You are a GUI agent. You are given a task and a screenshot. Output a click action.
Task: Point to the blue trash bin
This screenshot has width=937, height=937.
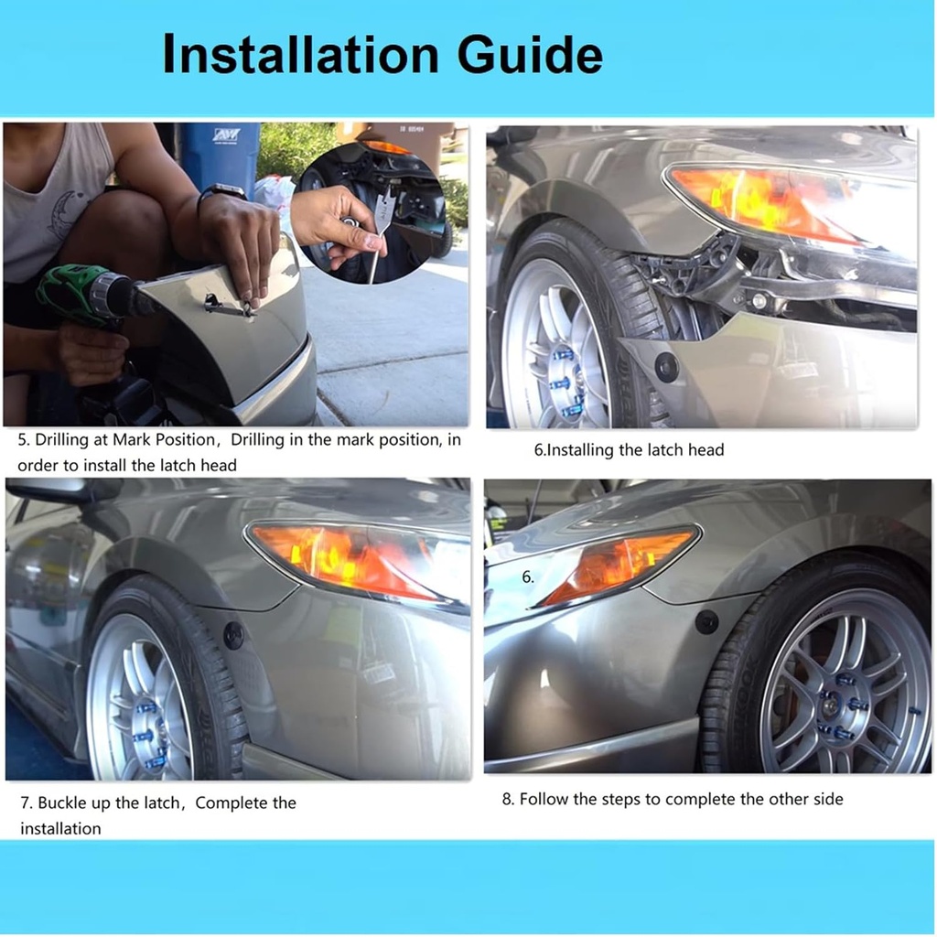[220, 156]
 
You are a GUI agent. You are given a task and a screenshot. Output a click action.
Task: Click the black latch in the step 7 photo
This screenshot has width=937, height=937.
[234, 634]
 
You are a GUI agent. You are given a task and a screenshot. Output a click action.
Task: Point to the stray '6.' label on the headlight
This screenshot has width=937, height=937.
[528, 577]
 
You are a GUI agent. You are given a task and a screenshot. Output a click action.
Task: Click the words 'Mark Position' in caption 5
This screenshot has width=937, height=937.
[163, 440]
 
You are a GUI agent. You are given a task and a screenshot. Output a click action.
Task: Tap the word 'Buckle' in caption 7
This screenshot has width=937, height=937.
[63, 803]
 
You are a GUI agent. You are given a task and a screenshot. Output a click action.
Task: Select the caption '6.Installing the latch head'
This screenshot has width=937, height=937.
[629, 449]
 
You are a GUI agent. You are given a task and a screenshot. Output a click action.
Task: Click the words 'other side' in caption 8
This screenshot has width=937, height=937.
[805, 799]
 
